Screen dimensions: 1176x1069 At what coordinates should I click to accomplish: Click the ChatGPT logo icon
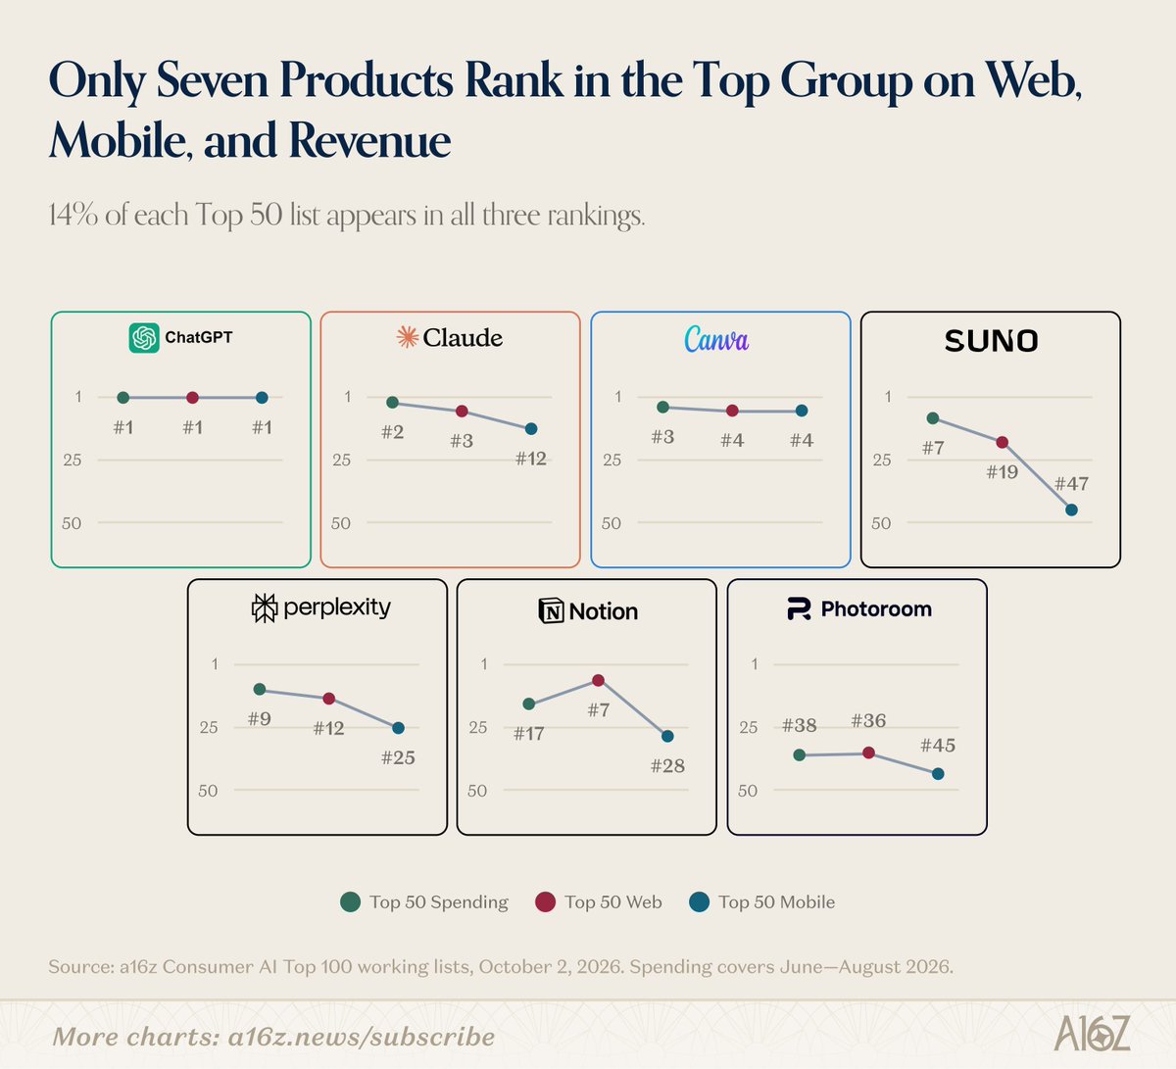144,338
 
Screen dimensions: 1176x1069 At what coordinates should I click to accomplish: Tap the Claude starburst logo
407,337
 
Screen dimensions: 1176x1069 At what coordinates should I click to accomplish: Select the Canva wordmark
716,339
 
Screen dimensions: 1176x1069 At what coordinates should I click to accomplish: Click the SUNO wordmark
991,341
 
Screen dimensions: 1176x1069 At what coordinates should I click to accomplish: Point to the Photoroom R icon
799,609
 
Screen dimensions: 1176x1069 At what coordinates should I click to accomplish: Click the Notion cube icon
551,611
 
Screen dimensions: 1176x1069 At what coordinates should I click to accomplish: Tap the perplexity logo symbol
264,607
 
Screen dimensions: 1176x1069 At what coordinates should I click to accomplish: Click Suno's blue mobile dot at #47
1071,510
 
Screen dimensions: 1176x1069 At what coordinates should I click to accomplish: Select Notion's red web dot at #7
598,680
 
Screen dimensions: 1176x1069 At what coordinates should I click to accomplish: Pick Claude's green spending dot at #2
393,403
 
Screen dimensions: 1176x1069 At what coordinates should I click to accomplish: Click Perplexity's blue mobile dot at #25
398,728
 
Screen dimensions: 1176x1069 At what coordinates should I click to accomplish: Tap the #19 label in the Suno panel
1002,472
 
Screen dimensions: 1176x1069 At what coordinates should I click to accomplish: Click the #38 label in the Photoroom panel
799,725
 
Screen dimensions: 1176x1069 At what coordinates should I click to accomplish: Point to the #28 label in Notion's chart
667,766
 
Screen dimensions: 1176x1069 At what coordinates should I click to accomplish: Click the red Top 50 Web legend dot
545,901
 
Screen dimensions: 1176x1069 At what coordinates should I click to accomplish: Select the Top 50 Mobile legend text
777,901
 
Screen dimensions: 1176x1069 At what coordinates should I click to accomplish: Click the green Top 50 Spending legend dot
350,901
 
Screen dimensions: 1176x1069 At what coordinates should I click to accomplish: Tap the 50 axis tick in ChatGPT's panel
72,523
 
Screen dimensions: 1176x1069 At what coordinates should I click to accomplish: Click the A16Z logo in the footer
1092,1033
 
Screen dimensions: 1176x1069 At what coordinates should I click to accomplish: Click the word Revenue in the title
369,141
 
